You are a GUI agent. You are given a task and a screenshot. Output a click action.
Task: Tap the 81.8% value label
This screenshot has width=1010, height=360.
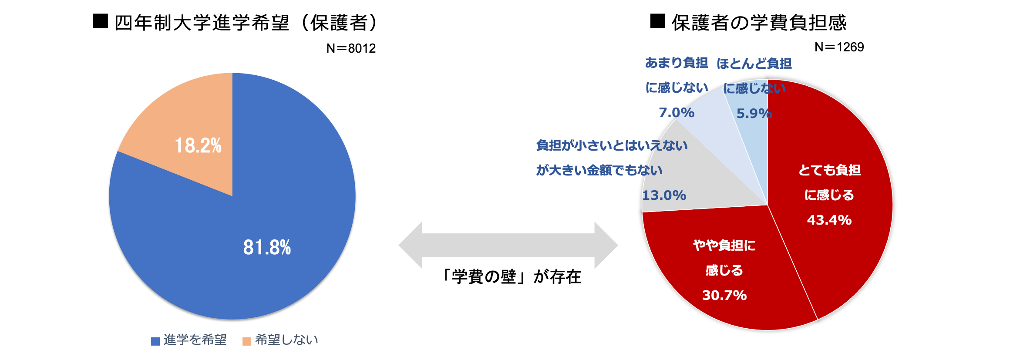(267, 248)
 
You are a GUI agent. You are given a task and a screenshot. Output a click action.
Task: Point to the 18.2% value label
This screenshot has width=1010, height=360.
(198, 146)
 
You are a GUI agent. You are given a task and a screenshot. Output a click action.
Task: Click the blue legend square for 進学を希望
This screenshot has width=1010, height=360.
(155, 341)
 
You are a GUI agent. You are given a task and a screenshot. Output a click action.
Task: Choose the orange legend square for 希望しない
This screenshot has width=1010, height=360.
(247, 341)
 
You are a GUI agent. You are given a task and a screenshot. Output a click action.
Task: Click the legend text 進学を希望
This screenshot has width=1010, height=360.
(195, 340)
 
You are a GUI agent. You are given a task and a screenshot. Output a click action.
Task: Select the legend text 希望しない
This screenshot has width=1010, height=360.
(286, 340)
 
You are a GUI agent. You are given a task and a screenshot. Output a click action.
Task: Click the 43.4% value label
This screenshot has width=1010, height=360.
(829, 220)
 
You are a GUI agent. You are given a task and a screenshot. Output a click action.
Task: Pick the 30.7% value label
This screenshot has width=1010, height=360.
(724, 296)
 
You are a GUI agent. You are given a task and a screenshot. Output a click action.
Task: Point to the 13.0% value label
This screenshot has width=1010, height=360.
(664, 195)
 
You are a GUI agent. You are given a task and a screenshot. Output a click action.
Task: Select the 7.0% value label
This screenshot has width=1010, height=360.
(677, 113)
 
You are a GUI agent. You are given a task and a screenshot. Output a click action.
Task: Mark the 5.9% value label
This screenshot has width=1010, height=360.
(754, 114)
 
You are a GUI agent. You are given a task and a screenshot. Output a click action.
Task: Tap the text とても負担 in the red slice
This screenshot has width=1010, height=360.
(829, 170)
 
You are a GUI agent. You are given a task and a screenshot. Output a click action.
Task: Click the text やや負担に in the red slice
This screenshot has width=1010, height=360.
(724, 246)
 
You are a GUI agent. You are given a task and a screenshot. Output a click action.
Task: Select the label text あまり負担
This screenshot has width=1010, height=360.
(677, 63)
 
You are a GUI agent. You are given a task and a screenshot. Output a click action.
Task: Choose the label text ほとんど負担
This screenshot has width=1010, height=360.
(754, 64)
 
